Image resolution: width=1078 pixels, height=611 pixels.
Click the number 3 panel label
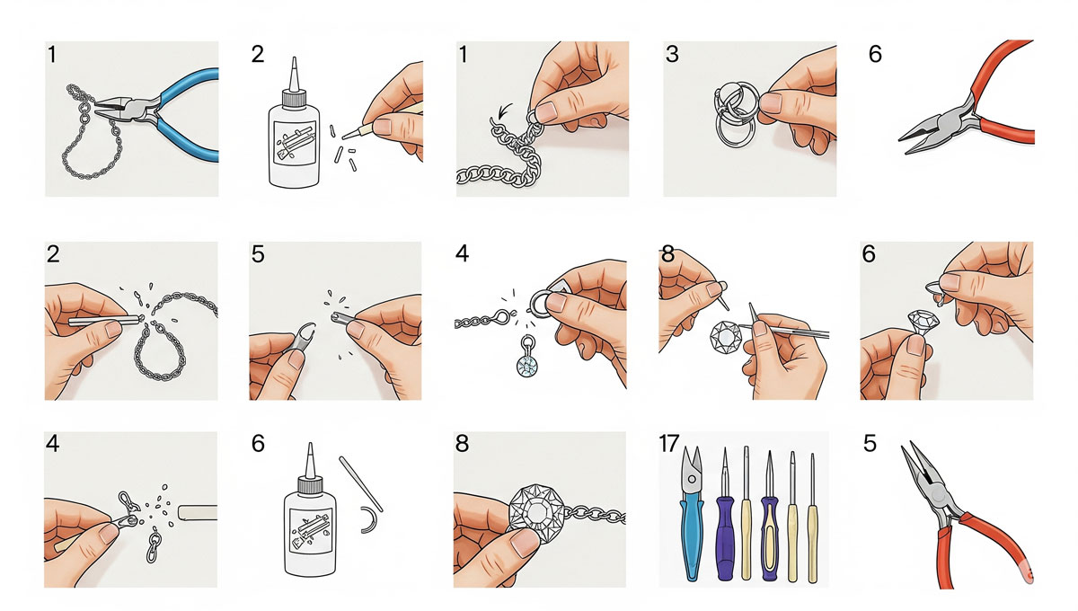pyautogui.click(x=672, y=54)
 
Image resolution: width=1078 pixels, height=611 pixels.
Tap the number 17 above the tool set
pyautogui.click(x=669, y=444)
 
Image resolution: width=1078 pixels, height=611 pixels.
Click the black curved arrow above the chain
pyautogui.click(x=505, y=111)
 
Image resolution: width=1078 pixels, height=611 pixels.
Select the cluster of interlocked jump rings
pyautogui.click(x=735, y=113)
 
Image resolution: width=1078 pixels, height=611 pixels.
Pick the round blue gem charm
pyautogui.click(x=527, y=366)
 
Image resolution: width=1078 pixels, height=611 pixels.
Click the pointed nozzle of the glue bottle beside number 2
pyautogui.click(x=294, y=74)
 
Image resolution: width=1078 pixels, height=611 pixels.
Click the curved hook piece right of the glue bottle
pyautogui.click(x=369, y=519)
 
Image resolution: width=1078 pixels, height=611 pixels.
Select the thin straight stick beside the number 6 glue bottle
pyautogui.click(x=361, y=484)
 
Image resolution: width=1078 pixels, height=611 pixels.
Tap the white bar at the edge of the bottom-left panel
pyautogui.click(x=198, y=512)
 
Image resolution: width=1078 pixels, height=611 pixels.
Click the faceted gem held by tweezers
pyautogui.click(x=724, y=335)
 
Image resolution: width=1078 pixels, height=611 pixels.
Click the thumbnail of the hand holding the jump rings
pyautogui.click(x=771, y=103)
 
